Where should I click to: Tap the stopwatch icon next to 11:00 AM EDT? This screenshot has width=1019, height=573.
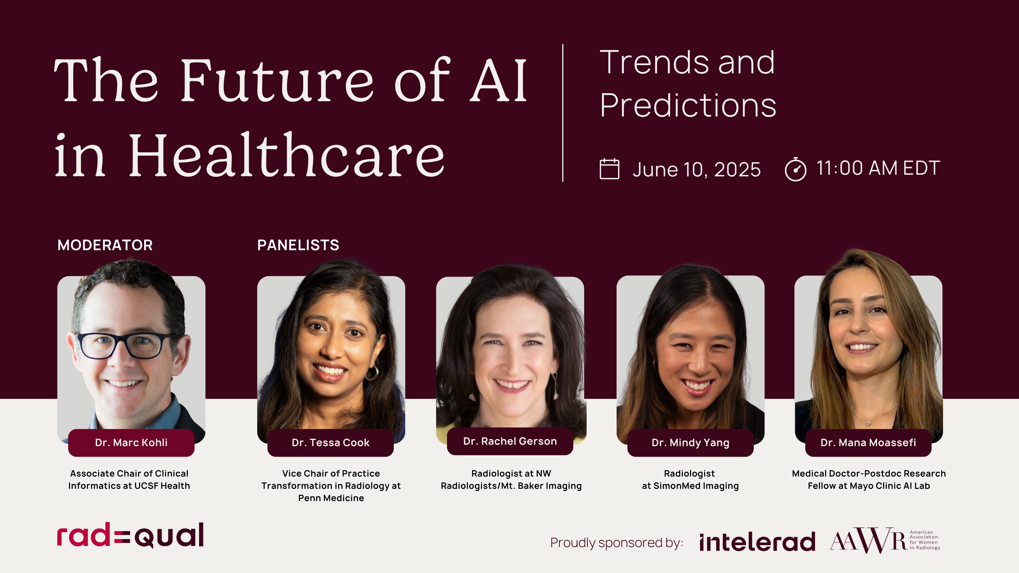[x=795, y=169]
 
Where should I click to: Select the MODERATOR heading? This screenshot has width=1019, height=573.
[x=105, y=245]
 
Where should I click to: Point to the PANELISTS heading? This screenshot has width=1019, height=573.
[x=298, y=245]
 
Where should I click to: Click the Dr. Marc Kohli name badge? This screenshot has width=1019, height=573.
[x=131, y=443]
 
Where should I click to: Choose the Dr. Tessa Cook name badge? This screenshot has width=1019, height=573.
[x=331, y=443]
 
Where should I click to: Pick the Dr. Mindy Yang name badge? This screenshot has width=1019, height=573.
[x=690, y=443]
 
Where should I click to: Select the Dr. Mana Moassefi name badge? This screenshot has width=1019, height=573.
[x=868, y=443]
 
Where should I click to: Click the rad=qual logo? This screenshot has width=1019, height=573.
[x=130, y=536]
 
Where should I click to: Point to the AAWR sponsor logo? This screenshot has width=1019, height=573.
[x=885, y=540]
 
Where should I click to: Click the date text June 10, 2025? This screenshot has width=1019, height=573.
[x=697, y=170]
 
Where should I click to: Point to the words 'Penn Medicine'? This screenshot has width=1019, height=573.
[x=331, y=498]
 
